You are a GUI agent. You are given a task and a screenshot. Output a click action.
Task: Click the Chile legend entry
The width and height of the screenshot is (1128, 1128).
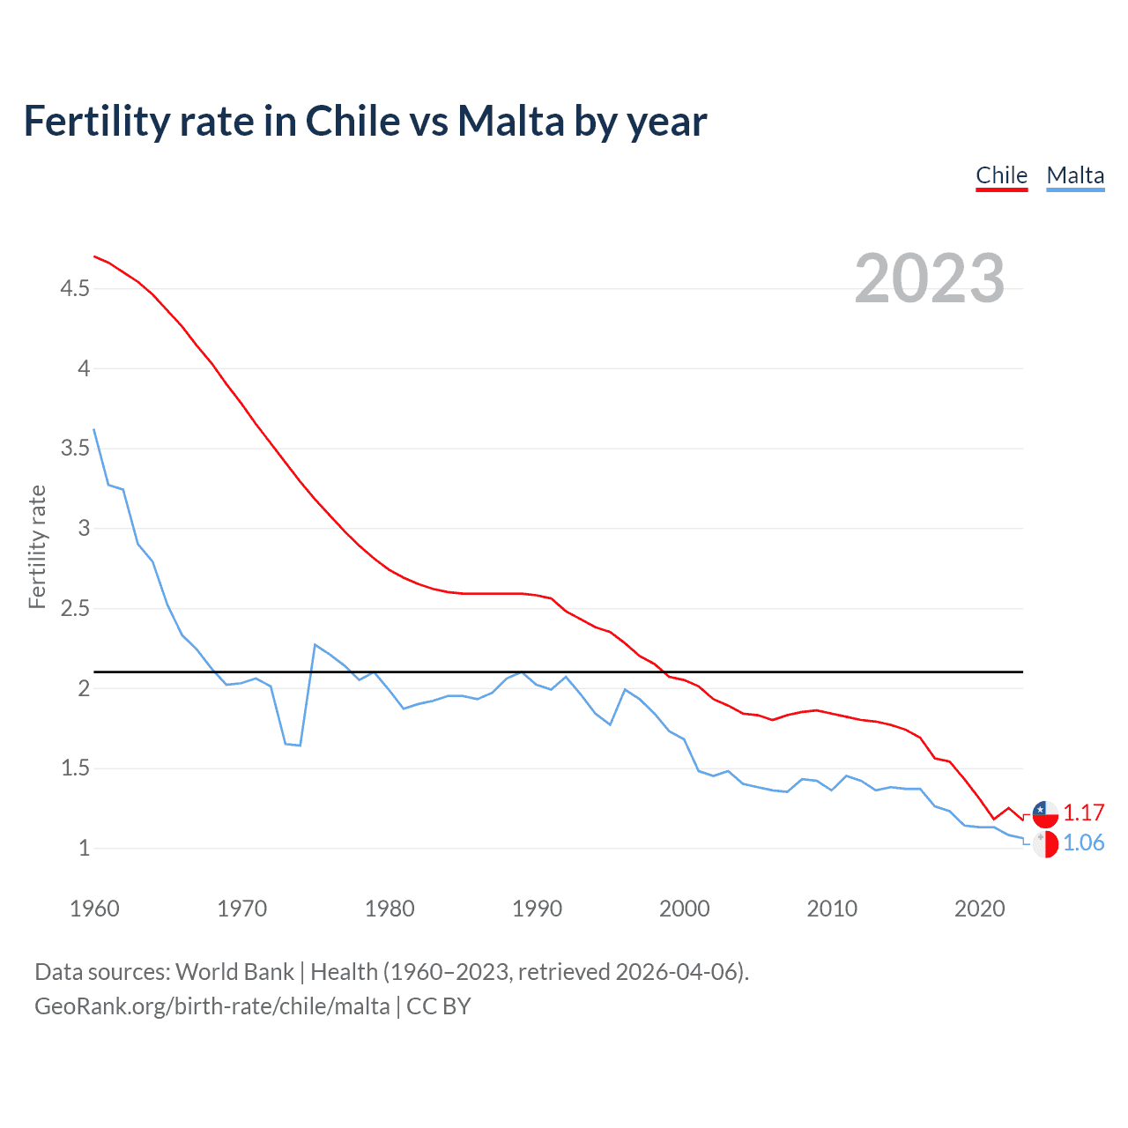pos(1001,175)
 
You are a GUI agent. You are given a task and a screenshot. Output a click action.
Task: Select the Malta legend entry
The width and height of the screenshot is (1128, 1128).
pos(1075,175)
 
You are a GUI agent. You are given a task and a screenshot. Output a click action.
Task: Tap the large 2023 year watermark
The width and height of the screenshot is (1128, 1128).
pos(930,278)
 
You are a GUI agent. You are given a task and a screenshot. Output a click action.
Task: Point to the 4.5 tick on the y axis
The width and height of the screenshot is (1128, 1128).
pos(75,288)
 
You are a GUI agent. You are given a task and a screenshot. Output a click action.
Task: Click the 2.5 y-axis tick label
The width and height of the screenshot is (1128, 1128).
pos(75,608)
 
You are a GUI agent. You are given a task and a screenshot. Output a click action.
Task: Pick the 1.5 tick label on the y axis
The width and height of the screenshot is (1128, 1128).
pos(75,768)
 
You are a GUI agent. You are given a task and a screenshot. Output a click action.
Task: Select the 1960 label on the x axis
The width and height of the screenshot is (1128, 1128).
pos(94,909)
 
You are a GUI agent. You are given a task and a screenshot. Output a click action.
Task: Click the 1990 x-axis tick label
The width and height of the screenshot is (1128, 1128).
pos(537,909)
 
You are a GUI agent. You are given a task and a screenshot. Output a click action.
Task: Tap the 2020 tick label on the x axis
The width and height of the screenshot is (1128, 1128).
pos(979,909)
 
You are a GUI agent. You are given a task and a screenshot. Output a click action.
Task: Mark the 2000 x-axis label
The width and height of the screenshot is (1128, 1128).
pos(684,909)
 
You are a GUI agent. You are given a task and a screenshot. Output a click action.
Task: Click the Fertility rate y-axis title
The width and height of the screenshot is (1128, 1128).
pos(37,546)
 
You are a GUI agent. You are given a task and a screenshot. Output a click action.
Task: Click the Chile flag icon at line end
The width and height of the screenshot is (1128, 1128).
pos(1045,813)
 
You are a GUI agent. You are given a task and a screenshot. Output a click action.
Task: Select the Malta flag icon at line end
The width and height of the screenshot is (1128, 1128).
pos(1045,843)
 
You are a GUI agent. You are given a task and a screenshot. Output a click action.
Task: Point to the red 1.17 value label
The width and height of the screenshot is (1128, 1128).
pos(1083,813)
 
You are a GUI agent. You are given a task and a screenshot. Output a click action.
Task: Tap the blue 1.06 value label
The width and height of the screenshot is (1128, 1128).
pos(1083,842)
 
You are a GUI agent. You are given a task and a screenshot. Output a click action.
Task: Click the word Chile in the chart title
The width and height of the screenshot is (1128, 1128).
pos(351,121)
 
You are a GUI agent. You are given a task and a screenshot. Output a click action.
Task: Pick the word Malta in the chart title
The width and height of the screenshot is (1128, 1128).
pos(510,121)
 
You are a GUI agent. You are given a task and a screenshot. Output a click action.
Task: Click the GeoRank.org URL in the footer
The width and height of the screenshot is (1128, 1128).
pos(211,1006)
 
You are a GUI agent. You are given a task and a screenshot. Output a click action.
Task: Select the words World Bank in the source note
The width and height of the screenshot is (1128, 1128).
pos(234,972)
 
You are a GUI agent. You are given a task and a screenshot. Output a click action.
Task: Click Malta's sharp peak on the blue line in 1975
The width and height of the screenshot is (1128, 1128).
pos(315,644)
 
